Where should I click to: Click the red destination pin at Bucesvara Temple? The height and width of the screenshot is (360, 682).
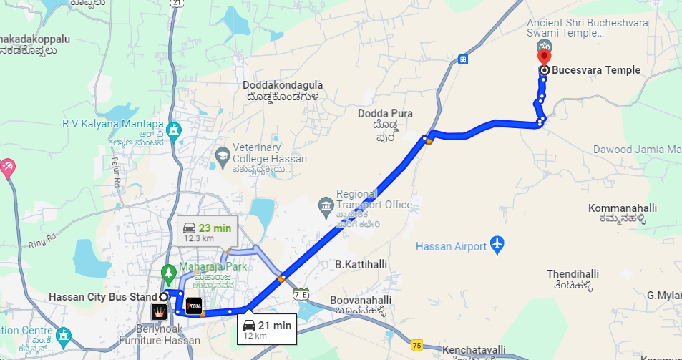pos(544,54)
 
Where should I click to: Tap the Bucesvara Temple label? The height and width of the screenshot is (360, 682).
pos(596,70)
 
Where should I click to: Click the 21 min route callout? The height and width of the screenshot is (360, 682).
pos(266,329)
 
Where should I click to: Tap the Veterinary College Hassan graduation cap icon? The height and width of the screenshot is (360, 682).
pos(223,155)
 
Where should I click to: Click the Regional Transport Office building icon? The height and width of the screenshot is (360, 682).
pos(326,205)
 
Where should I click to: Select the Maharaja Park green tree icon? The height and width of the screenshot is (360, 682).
pos(169,273)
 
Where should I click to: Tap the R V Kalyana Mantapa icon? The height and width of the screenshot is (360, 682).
pos(173,131)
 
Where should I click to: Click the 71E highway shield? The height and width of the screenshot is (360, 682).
pos(301,293)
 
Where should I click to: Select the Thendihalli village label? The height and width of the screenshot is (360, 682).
pos(573,274)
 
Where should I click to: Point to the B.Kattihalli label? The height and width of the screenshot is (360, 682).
pos(361,264)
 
